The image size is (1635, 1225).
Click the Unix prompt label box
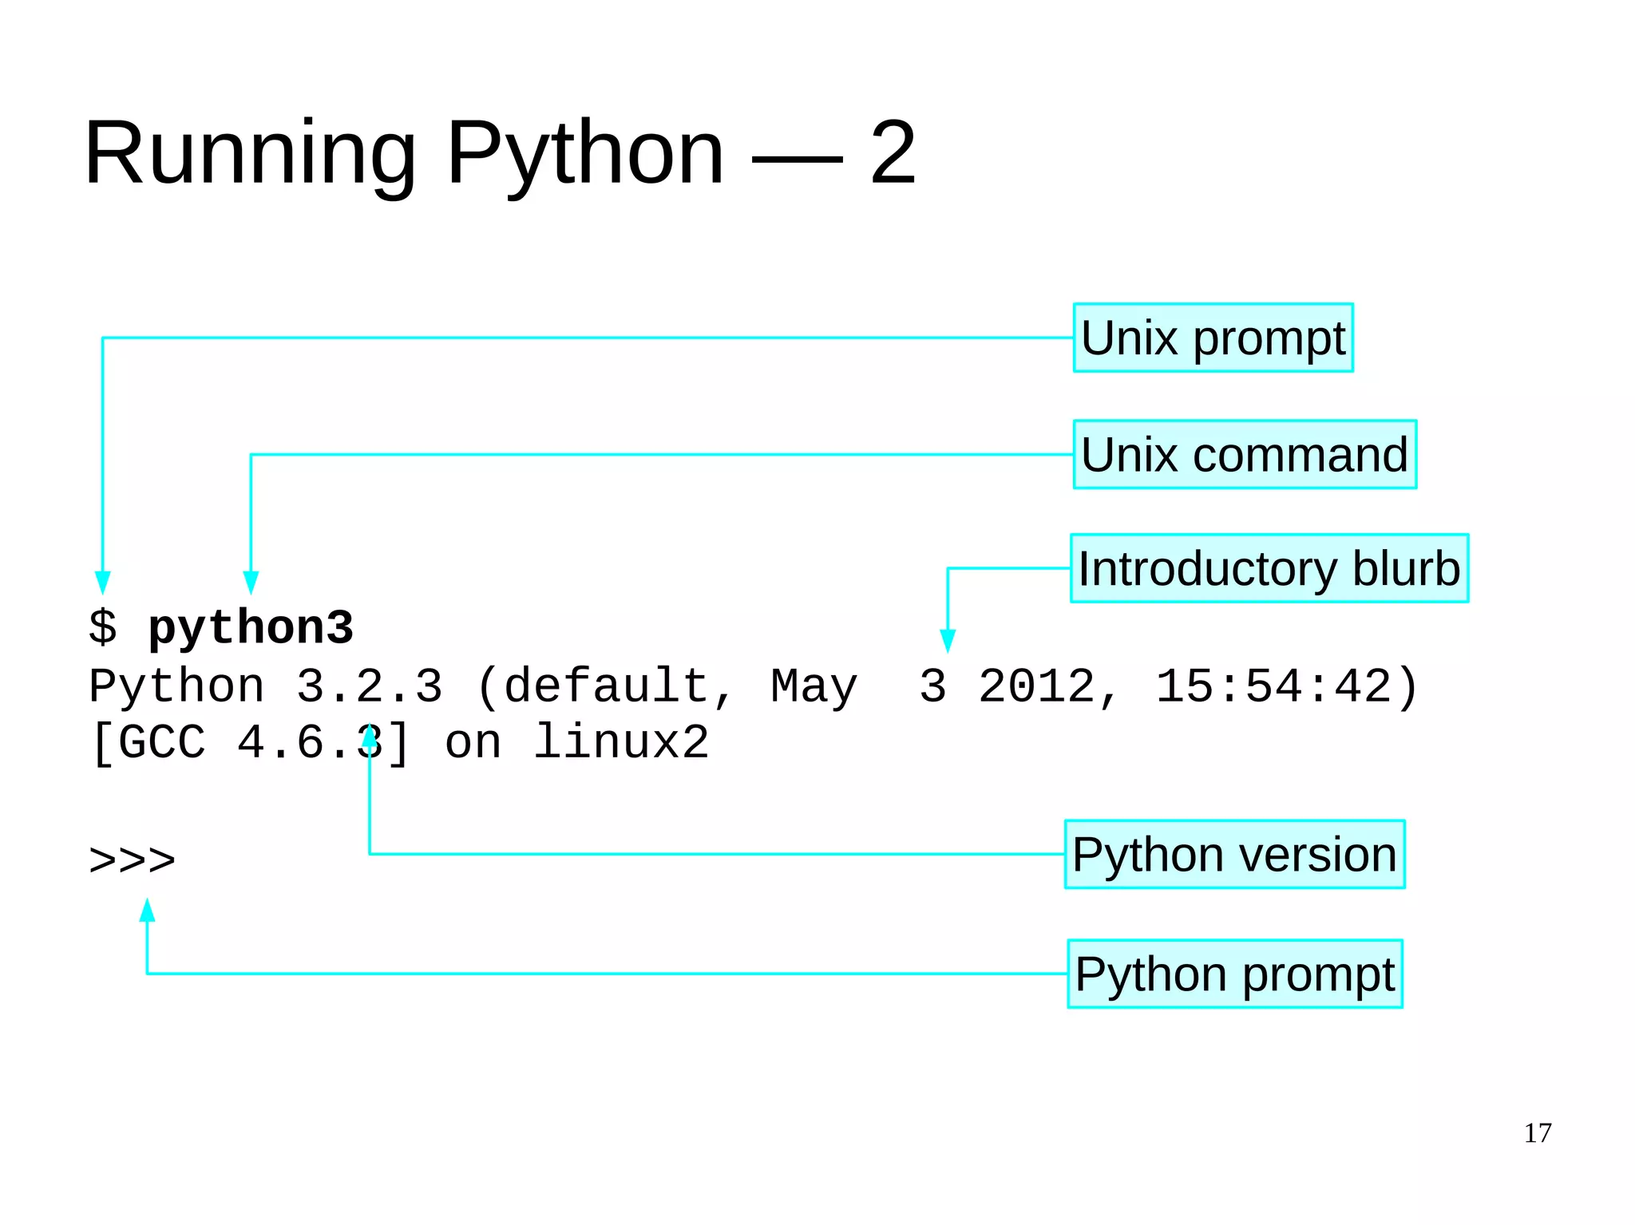pos(1213,338)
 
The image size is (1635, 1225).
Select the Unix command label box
pos(1245,454)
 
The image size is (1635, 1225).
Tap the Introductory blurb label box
pos(1269,568)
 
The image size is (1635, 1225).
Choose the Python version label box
pos(1234,854)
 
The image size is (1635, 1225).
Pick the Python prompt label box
pos(1234,974)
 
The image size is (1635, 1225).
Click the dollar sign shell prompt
pos(103,627)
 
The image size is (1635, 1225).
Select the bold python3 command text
pos(251,627)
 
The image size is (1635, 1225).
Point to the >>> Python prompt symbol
pos(133,860)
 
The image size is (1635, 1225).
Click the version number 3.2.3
pos(369,686)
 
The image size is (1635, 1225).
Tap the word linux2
pos(620,742)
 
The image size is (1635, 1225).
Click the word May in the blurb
pos(814,686)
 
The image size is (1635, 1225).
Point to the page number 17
pos(1538,1133)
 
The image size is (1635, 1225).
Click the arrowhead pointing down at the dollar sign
pos(103,583)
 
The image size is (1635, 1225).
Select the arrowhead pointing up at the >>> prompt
pos(148,911)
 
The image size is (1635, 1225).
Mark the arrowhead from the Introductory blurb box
pos(948,641)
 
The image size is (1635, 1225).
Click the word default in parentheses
pos(606,686)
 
